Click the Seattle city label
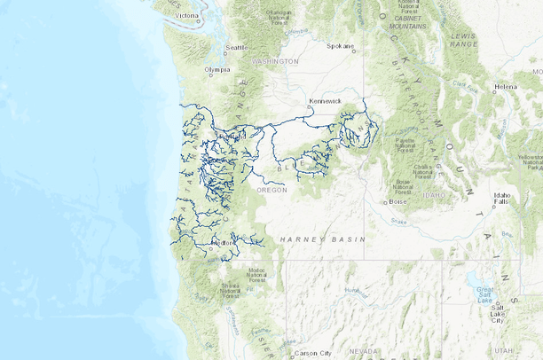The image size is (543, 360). click(x=237, y=47)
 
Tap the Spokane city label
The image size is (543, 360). click(x=341, y=45)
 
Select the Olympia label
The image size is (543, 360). click(x=217, y=69)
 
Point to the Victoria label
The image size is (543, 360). click(x=187, y=15)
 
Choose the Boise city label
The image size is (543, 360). click(x=397, y=201)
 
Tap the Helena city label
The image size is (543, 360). click(x=506, y=87)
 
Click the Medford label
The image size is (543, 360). click(x=224, y=242)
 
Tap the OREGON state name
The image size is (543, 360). click(x=272, y=190)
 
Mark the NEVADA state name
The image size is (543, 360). click(x=363, y=351)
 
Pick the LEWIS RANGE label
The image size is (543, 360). click(x=463, y=39)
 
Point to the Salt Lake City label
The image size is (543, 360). click(x=508, y=310)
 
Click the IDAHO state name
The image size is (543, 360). click(x=434, y=193)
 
